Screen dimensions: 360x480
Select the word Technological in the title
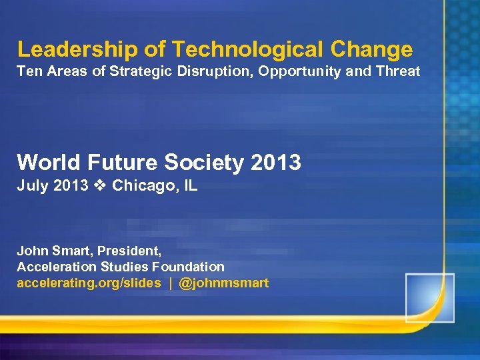225,49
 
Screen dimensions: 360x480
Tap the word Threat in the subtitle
398,71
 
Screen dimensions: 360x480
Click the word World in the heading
45,162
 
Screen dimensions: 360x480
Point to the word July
31,185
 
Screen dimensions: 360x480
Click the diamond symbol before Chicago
100,185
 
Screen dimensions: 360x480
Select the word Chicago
143,185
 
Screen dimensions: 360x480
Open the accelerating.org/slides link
89,283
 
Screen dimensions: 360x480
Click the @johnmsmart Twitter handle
224,283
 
